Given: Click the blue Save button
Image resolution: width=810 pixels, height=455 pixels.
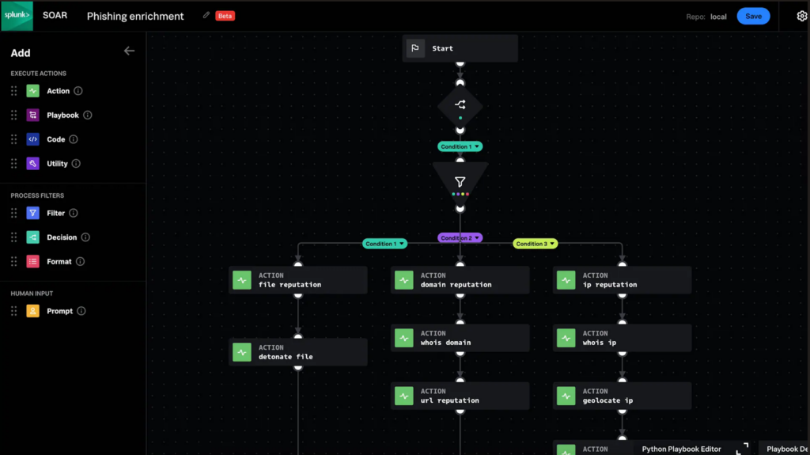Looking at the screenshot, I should pyautogui.click(x=753, y=16).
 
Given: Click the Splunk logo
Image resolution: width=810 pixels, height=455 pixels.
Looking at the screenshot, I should pyautogui.click(x=17, y=16).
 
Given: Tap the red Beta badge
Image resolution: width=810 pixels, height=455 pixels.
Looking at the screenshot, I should pyautogui.click(x=225, y=16).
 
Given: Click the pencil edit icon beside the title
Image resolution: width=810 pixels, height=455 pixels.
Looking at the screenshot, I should pyautogui.click(x=206, y=15).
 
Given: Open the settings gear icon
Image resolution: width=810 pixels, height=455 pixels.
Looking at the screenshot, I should pyautogui.click(x=801, y=16).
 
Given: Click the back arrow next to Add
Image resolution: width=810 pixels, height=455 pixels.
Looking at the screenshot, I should pyautogui.click(x=129, y=51).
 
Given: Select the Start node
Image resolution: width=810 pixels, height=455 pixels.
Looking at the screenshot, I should pyautogui.click(x=460, y=48).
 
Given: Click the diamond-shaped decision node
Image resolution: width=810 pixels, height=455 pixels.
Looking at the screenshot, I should pyautogui.click(x=460, y=105).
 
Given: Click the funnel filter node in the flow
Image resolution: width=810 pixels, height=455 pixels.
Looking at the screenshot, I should pyautogui.click(x=460, y=183).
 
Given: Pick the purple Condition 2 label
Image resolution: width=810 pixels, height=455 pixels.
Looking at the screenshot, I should pyautogui.click(x=460, y=237).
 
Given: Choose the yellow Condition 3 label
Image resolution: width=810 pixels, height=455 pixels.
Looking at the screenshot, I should pyautogui.click(x=535, y=244).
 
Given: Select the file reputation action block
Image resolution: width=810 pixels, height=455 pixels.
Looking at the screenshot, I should pyautogui.click(x=298, y=280).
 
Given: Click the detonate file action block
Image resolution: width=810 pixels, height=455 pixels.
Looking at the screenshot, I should pyautogui.click(x=298, y=352).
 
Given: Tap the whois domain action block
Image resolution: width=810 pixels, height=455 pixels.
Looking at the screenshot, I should pyautogui.click(x=460, y=338).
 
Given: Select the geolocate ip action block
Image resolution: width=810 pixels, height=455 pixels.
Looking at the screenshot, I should pyautogui.click(x=622, y=396).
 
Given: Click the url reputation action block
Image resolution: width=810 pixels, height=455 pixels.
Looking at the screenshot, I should pyautogui.click(x=460, y=396).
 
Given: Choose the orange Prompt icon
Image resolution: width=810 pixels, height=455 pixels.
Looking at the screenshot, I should pyautogui.click(x=33, y=311).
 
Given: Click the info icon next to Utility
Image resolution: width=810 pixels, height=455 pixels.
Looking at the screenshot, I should pyautogui.click(x=76, y=164).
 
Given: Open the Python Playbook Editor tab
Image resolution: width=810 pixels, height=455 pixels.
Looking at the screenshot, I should pyautogui.click(x=681, y=449).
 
